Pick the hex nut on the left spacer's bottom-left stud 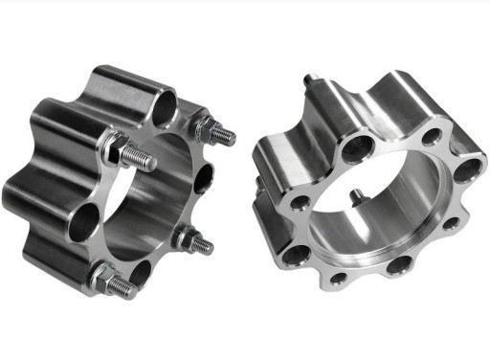(101, 279)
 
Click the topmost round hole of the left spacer (164, 99)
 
